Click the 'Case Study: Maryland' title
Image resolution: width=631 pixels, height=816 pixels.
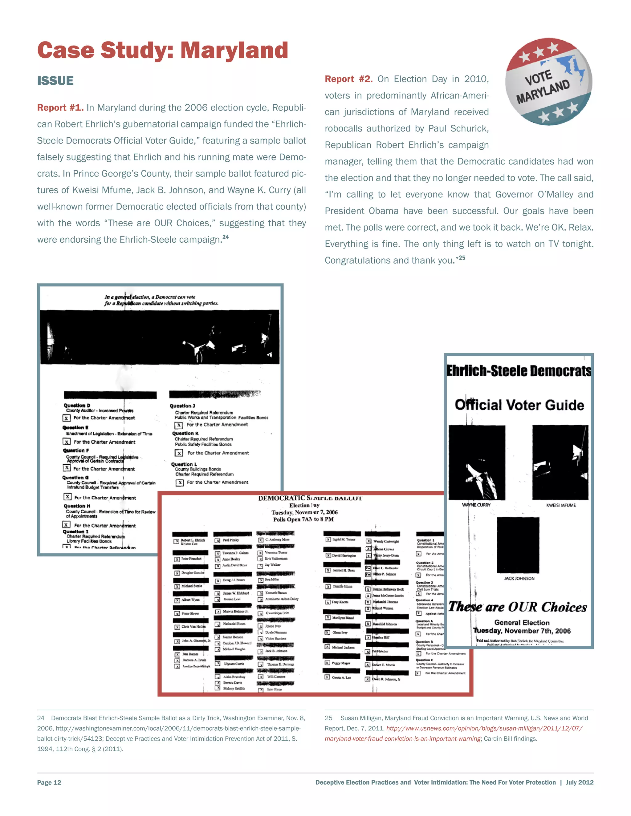pos(163,50)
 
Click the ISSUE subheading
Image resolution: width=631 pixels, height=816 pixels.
pos(55,81)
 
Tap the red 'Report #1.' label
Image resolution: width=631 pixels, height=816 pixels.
pos(60,107)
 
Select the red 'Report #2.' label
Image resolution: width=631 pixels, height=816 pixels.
pos(348,79)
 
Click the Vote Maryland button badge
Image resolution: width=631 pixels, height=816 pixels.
pos(548,82)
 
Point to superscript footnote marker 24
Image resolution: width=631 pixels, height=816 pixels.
pos(226,237)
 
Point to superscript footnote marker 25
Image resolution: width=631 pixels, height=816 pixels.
pos(462,258)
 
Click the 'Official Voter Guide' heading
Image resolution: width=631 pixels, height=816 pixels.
pos(519,405)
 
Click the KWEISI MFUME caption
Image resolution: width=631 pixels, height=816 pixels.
pos(561,505)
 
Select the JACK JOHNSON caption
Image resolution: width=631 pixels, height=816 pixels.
pos(519,578)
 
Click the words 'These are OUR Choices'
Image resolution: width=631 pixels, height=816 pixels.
pos(517,607)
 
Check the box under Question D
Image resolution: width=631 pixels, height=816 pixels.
pos(67,418)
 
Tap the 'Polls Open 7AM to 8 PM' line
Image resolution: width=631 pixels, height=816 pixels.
pos(303,519)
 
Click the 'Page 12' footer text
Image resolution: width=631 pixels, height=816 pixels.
pos(49,782)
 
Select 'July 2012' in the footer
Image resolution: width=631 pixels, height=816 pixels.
pos(580,782)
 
